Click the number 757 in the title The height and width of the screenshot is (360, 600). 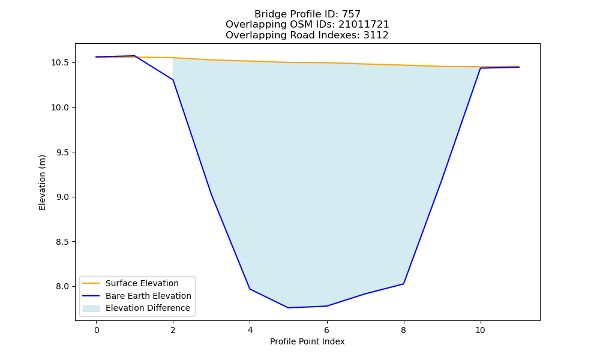(351, 14)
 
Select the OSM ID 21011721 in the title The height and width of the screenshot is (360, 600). (364, 25)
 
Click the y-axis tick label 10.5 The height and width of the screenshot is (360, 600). (61, 63)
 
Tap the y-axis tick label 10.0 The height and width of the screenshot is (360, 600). (61, 107)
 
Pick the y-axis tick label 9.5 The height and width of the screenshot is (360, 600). (63, 152)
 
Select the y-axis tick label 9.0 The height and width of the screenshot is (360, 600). (63, 197)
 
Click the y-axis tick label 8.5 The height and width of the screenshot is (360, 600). (63, 242)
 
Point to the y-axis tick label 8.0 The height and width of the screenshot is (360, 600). (63, 287)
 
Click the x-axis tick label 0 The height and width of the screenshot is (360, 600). (97, 330)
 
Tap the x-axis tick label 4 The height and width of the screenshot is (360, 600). (250, 330)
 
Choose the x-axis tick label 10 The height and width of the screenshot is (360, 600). (480, 330)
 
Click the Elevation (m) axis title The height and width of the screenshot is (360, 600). (42, 182)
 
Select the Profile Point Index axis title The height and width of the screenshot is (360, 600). (307, 341)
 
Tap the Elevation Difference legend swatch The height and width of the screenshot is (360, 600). (91, 308)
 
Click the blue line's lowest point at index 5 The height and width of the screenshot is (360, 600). (288, 308)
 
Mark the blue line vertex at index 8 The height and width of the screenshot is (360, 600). (403, 284)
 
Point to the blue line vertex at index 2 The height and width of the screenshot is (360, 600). (173, 80)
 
